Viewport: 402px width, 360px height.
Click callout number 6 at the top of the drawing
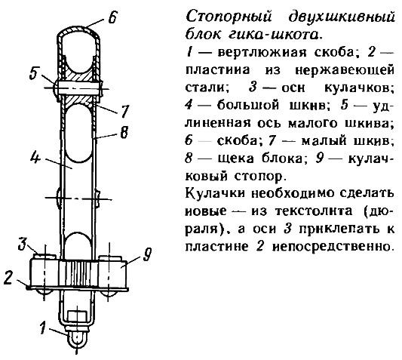pyautogui.click(x=112, y=17)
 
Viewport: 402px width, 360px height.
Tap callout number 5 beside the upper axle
pyautogui.click(x=34, y=73)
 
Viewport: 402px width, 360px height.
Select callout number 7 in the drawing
pyautogui.click(x=124, y=112)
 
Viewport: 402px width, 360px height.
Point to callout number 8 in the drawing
pyautogui.click(x=124, y=132)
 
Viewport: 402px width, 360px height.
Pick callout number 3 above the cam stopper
pyautogui.click(x=23, y=244)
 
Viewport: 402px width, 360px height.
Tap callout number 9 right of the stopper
pyautogui.click(x=146, y=254)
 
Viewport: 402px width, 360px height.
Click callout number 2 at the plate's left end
pyautogui.click(x=8, y=277)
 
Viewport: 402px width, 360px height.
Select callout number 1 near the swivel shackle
pyautogui.click(x=44, y=328)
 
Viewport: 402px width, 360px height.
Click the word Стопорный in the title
pyautogui.click(x=229, y=17)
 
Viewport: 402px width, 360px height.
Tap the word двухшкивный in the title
pyautogui.click(x=342, y=17)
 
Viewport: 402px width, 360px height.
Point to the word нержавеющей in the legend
pyautogui.click(x=345, y=70)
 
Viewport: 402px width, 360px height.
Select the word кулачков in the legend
pyautogui.click(x=359, y=88)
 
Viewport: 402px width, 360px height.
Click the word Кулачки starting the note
pyautogui.click(x=216, y=193)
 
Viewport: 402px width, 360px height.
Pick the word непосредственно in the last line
pyautogui.click(x=333, y=246)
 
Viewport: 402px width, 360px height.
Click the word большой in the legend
pyautogui.click(x=247, y=105)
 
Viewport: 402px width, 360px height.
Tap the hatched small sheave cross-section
pyautogui.click(x=78, y=88)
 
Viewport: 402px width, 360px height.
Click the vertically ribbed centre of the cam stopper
pyautogui.click(x=79, y=273)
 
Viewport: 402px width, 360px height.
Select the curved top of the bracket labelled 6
pyautogui.click(x=78, y=28)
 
